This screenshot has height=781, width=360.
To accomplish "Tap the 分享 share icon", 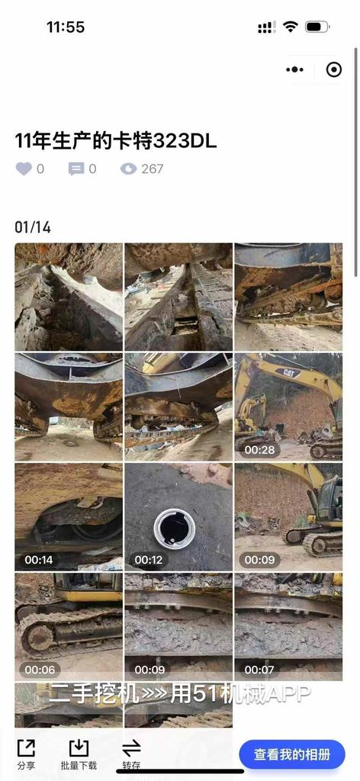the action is point(26,748).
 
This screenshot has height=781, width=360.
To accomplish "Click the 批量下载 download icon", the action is point(79,748).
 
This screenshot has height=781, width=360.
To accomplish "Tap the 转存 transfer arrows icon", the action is point(131,747).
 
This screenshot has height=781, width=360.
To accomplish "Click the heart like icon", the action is point(24,169).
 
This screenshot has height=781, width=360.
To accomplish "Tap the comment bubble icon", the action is point(76,169).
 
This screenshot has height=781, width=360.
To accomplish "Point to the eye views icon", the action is point(128,169).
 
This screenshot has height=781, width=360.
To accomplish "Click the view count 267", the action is point(153,169).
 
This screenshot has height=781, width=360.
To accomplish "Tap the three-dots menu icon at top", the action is point(294,69).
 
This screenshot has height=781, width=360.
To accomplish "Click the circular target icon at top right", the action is point(333,69).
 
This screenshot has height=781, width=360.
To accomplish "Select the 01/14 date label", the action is point(33,227).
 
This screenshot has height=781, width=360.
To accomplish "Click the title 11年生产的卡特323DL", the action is point(116,142).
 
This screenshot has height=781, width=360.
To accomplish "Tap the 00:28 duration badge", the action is point(259,450).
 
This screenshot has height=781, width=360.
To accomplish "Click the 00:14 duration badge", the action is point(39,560).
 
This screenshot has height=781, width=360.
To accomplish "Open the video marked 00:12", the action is point(178,517).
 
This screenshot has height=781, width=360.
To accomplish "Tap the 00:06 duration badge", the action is point(40,670).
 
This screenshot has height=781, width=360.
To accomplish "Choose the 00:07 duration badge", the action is point(259,670).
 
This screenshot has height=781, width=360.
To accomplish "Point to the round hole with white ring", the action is point(175,529).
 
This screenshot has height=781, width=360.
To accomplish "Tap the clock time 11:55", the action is point(66,27).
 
